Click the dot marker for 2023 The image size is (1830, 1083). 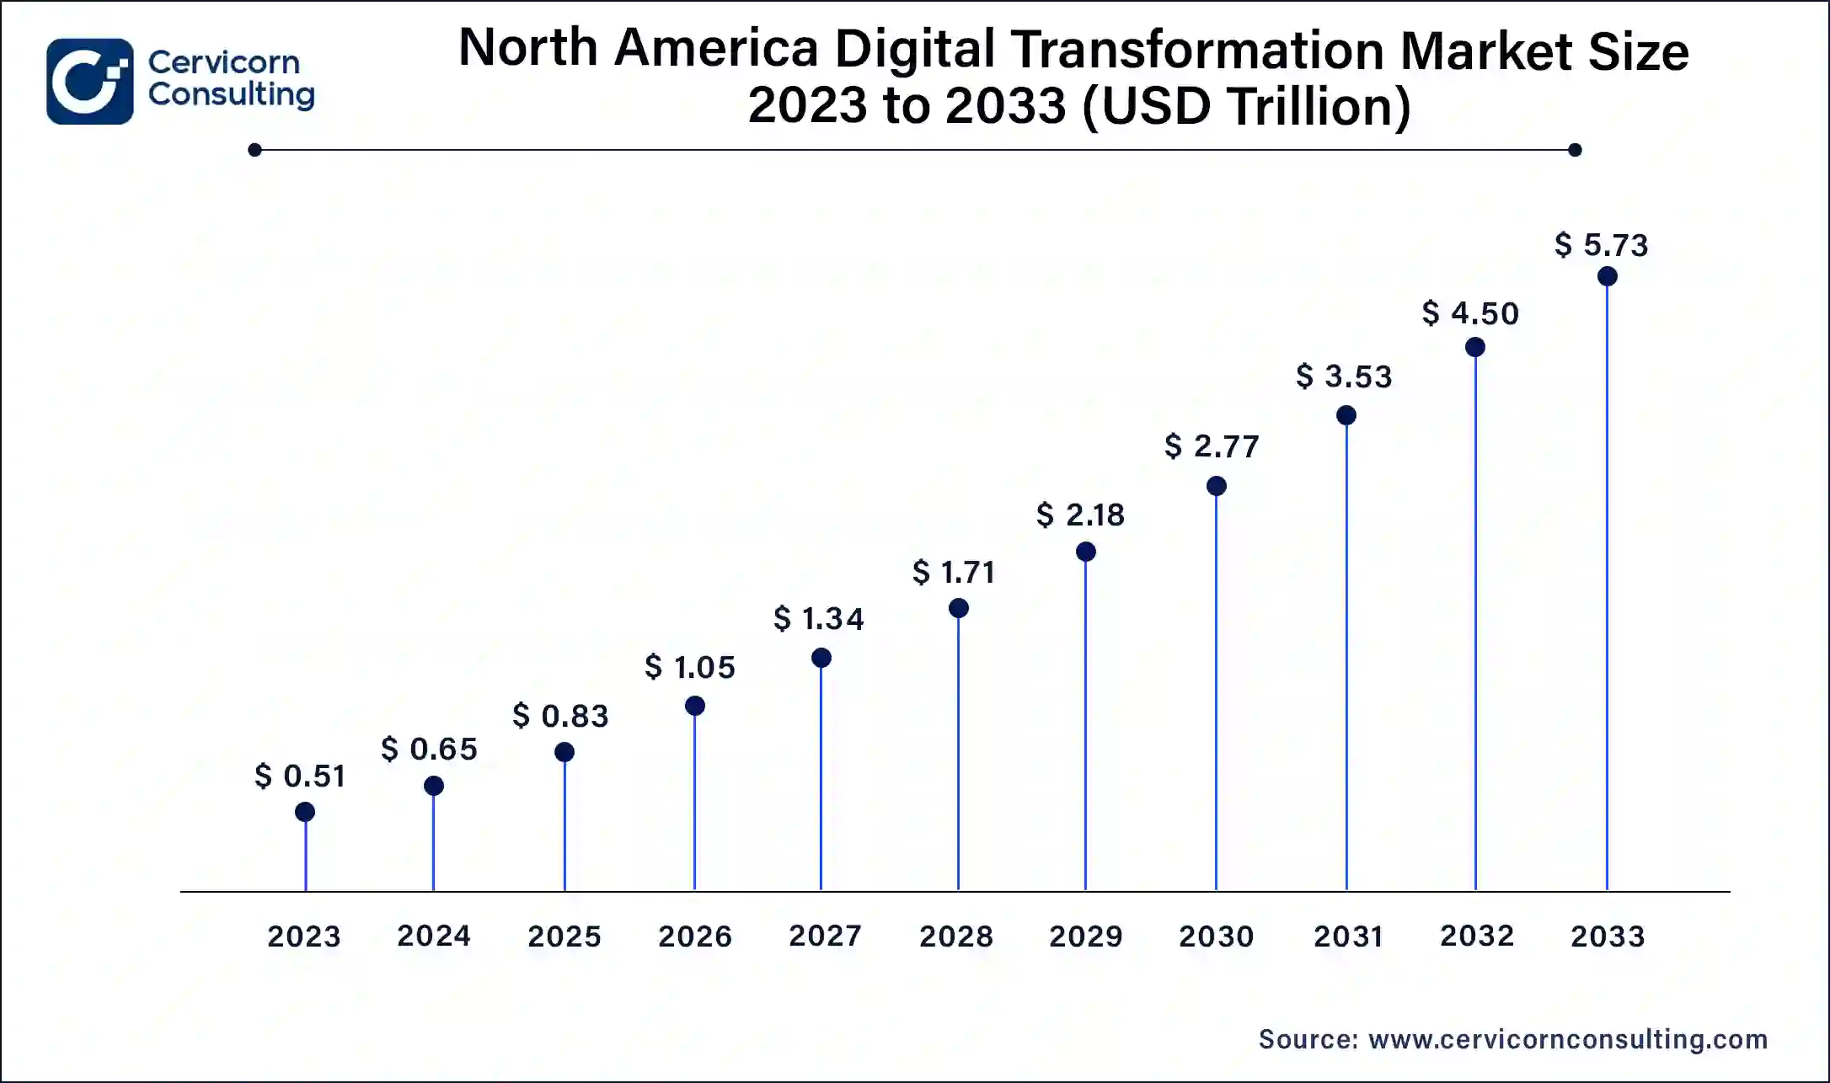click(305, 812)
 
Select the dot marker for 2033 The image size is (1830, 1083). click(1607, 276)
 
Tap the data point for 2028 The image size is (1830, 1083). click(958, 608)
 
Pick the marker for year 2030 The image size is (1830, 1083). click(1216, 486)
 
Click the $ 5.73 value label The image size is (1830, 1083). click(1601, 245)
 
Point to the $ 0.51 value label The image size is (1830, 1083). click(300, 776)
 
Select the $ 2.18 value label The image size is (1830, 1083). click(1080, 515)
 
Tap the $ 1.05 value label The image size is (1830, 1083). click(690, 667)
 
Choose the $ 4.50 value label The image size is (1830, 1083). click(1470, 313)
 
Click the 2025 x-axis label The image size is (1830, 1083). click(564, 936)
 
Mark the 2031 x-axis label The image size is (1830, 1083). click(1348, 936)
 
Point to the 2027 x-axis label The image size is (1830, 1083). click(825, 936)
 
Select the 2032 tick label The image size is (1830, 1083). click(1477, 936)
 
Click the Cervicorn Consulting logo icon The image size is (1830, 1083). click(89, 82)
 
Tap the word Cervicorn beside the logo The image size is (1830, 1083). click(224, 62)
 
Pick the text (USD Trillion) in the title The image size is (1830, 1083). click(1246, 107)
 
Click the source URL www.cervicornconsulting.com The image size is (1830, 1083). click(1568, 1039)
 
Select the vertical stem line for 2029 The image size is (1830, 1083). click(1085, 724)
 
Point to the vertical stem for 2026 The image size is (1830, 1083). click(694, 800)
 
